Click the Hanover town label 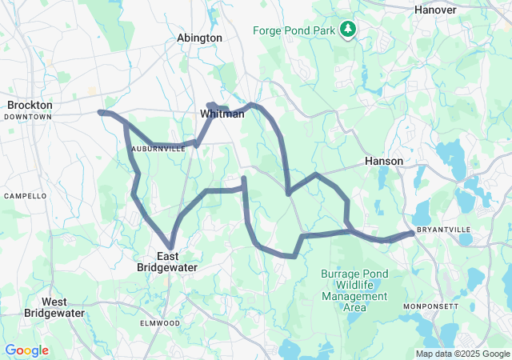point(435,10)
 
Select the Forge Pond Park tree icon point(348,30)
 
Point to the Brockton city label point(30,105)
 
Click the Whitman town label point(222,115)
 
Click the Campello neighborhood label point(26,196)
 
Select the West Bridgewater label point(54,307)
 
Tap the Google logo point(26,350)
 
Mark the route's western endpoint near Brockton point(100,112)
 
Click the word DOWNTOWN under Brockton point(27,117)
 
